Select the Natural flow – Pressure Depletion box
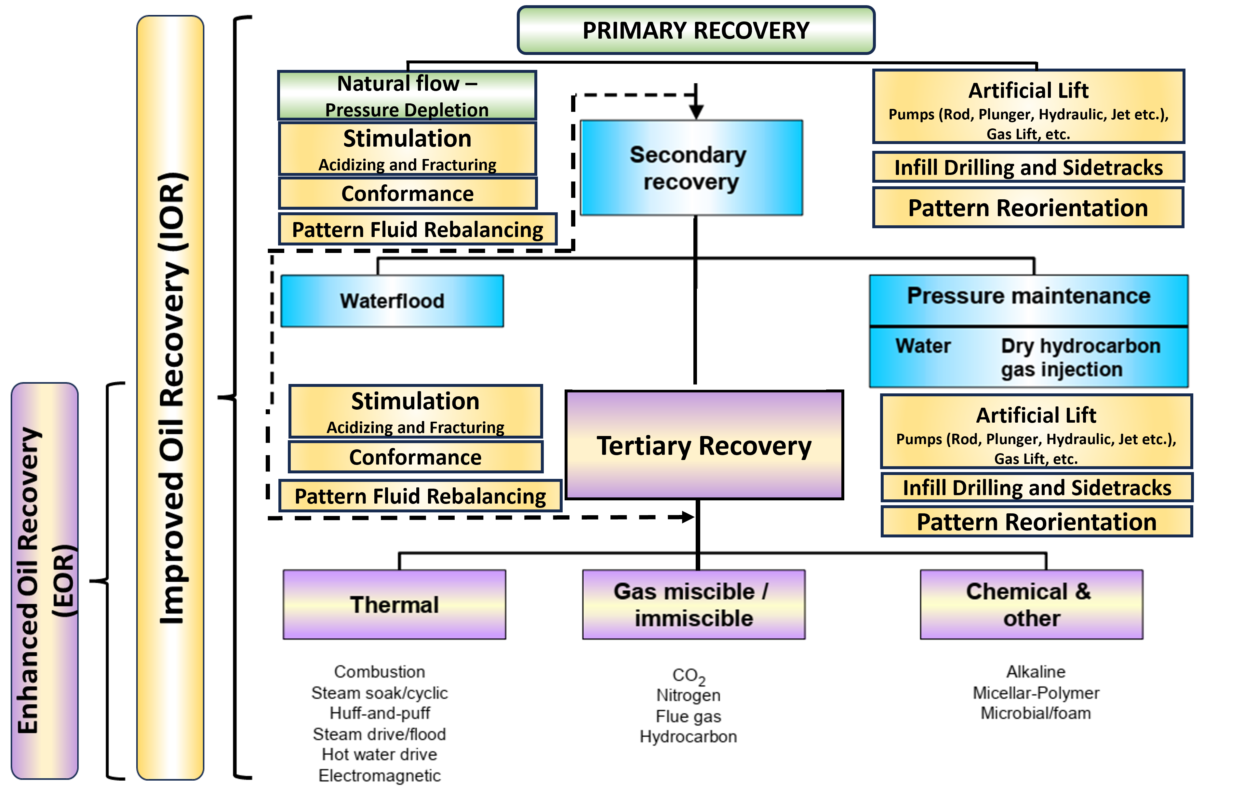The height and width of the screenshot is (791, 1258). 407,96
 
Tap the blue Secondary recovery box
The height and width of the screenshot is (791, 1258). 691,168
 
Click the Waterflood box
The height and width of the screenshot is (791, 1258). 392,301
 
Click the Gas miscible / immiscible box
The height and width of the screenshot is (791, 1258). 693,605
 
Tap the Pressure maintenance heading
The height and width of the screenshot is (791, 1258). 1028,297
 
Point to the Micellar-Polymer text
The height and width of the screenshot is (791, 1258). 1036,693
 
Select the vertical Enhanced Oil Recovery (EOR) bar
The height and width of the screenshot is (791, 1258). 45,581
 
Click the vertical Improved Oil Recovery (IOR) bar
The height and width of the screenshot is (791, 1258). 170,397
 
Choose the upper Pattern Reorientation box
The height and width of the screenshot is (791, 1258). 1028,208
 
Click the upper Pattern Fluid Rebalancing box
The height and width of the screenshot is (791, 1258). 417,229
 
